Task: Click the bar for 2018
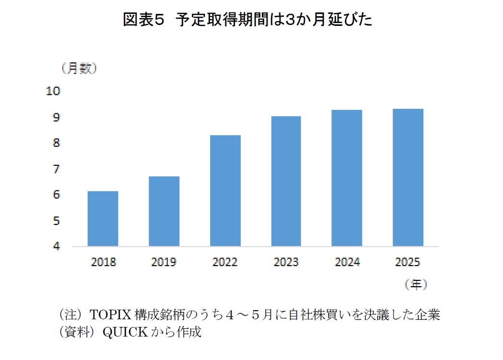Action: coord(103,219)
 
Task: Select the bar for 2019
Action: coord(164,211)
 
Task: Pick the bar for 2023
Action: coord(286,181)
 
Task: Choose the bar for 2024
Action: coord(347,178)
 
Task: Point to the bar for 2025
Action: coord(408,178)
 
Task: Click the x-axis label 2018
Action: coord(103,262)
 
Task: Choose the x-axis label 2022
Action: coord(225,262)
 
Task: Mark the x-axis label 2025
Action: coord(408,262)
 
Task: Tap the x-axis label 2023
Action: coord(286,262)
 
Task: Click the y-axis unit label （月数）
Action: coord(79,69)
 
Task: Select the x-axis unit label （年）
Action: coord(415,285)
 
